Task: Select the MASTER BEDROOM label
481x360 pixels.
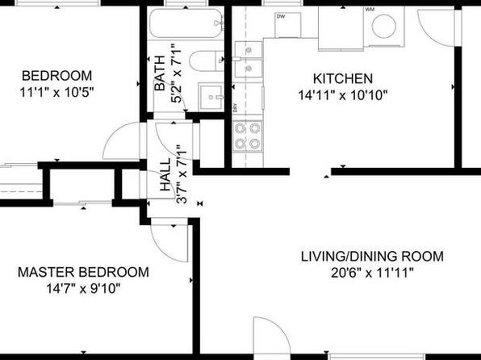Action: (83, 272)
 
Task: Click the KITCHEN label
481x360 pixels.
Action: (342, 78)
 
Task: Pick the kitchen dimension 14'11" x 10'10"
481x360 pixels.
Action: (342, 94)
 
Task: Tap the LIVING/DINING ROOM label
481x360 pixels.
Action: (372, 257)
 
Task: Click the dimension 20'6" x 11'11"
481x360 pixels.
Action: (372, 273)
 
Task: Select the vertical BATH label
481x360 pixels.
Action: (160, 73)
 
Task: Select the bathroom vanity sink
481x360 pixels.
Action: (211, 96)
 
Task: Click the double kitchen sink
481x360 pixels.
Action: (247, 64)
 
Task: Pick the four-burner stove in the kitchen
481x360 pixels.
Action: (247, 136)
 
